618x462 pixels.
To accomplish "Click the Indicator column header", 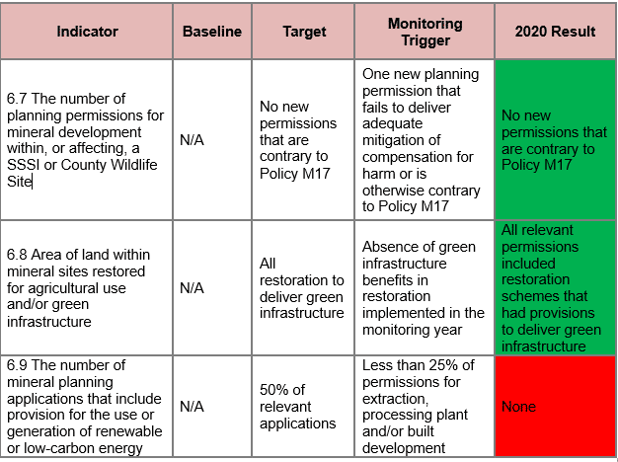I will (x=87, y=32).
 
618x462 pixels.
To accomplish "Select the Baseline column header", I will (x=211, y=32).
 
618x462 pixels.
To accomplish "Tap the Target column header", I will (x=304, y=32).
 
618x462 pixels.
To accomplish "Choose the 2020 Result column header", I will (x=555, y=32).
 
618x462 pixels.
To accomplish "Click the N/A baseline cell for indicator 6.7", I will (x=192, y=141).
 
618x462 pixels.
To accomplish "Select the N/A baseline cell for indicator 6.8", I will (x=192, y=288).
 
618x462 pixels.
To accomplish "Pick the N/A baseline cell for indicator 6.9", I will (x=192, y=407).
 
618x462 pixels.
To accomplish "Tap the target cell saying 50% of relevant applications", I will (x=297, y=407).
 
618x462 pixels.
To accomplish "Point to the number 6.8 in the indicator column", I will (x=18, y=256).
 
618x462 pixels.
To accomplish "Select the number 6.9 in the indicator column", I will (x=18, y=365).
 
